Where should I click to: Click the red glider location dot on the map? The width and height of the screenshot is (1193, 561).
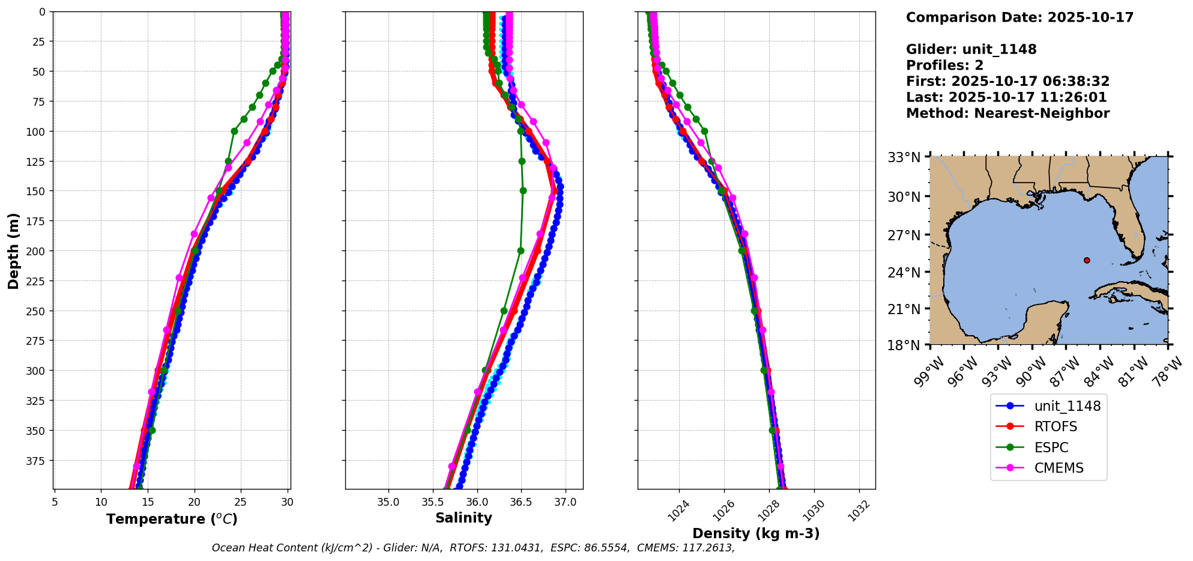1087,260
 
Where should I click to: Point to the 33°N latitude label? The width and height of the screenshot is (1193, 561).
904,158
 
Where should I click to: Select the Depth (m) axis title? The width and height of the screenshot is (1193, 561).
13,250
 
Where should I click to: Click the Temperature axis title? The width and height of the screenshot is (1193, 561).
172,519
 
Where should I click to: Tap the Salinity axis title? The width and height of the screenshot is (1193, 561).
464,518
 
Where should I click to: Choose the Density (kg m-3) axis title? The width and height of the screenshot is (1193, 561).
756,533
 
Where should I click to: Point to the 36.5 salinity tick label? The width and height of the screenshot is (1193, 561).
521,502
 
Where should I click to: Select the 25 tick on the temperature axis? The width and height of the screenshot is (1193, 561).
241,502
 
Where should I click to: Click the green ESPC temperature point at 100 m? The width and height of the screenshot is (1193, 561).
234,131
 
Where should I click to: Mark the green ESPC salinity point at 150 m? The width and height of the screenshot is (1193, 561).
523,190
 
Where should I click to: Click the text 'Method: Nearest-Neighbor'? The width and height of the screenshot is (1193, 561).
1007,114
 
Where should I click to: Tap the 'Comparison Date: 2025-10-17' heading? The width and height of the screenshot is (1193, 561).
1019,17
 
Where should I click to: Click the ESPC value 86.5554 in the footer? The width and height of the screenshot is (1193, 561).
606,548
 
